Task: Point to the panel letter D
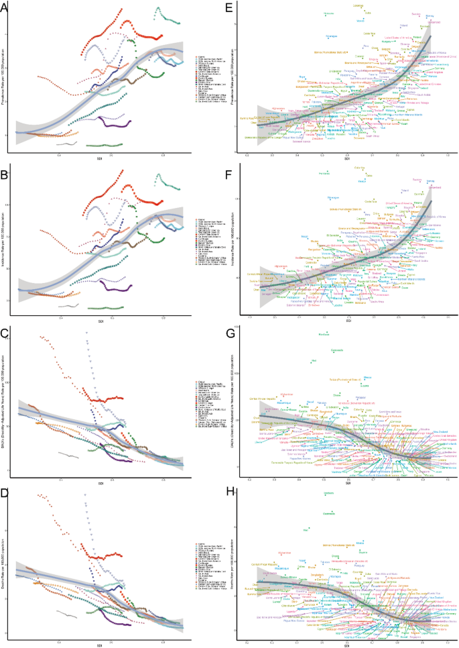click(x=4, y=491)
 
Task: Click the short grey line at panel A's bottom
click(x=68, y=143)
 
